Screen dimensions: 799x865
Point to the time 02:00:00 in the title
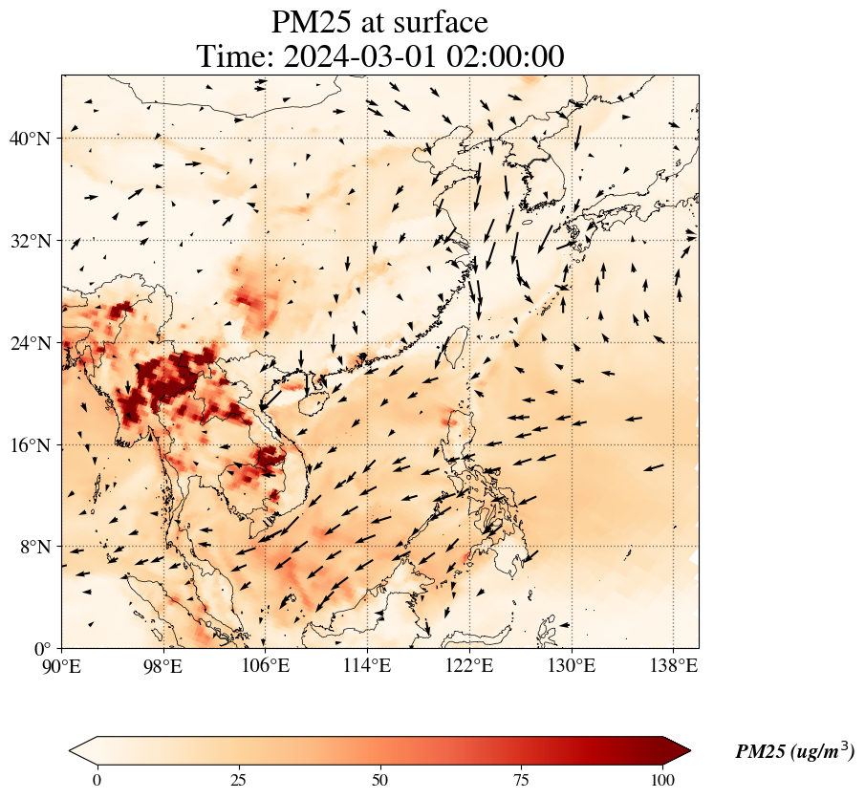(503, 56)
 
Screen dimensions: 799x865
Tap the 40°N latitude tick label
(30, 139)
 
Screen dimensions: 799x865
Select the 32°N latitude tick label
(30, 241)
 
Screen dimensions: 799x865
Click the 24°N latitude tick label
(30, 343)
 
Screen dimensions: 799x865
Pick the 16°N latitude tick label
(30, 445)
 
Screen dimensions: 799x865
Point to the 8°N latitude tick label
(33, 548)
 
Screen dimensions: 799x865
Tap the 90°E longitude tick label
(62, 665)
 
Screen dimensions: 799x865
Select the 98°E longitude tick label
(163, 665)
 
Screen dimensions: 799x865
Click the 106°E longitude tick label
(266, 665)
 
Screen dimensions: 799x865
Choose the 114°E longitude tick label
(367, 665)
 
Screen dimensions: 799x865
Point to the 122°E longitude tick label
(469, 665)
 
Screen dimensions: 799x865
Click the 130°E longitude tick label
(571, 665)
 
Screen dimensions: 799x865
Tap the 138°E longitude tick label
(673, 665)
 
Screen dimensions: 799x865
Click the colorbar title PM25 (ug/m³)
(794, 751)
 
